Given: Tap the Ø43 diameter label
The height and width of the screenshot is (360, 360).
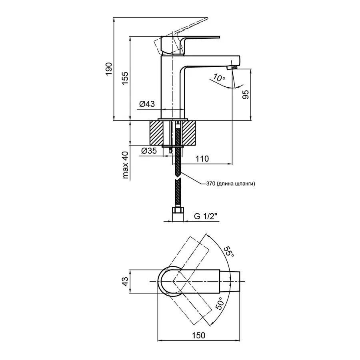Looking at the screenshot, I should (147, 104).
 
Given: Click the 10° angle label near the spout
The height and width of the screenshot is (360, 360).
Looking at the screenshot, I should (219, 78).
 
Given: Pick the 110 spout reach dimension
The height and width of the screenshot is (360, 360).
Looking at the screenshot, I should (202, 159).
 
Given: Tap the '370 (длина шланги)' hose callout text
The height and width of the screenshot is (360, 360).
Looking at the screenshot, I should (230, 184).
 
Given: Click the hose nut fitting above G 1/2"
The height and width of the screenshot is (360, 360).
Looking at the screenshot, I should (176, 210).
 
